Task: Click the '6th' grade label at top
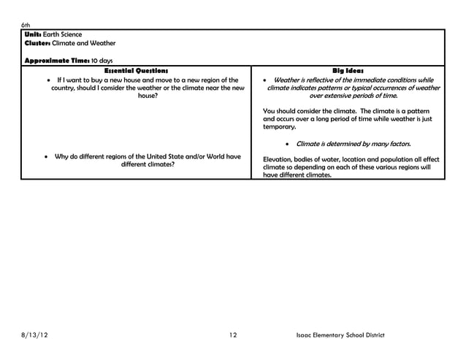click(x=25, y=25)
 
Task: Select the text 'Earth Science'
click(x=63, y=34)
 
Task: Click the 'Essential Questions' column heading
click(x=137, y=70)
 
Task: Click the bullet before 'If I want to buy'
click(x=48, y=80)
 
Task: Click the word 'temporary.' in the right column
click(x=279, y=127)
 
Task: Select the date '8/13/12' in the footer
click(x=37, y=335)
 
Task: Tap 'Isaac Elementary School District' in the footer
click(x=340, y=335)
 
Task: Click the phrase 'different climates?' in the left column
click(x=147, y=164)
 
